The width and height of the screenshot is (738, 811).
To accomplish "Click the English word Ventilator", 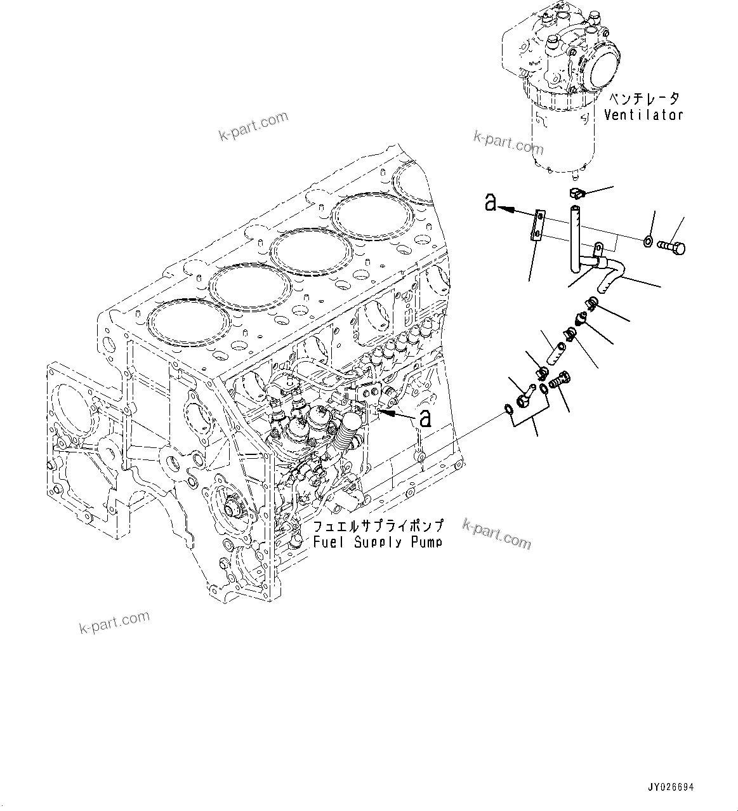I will (x=643, y=115).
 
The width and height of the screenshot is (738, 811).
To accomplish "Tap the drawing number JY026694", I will (x=670, y=787).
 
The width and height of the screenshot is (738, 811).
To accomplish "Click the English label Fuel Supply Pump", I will (x=378, y=542).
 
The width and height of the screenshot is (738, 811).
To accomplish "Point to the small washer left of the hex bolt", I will (x=646, y=241).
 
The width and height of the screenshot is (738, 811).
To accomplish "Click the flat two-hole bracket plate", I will (x=537, y=226).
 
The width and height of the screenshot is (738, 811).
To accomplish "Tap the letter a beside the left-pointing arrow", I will (x=490, y=202).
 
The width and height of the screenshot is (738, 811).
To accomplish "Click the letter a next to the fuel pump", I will (x=425, y=418).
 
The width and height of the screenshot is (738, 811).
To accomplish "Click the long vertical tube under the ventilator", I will (x=576, y=235).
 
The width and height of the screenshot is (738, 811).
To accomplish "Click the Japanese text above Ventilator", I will (x=644, y=99).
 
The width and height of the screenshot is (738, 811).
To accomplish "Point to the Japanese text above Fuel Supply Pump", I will (x=378, y=526).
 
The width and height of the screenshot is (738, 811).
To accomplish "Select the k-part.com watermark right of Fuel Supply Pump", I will (x=497, y=532).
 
